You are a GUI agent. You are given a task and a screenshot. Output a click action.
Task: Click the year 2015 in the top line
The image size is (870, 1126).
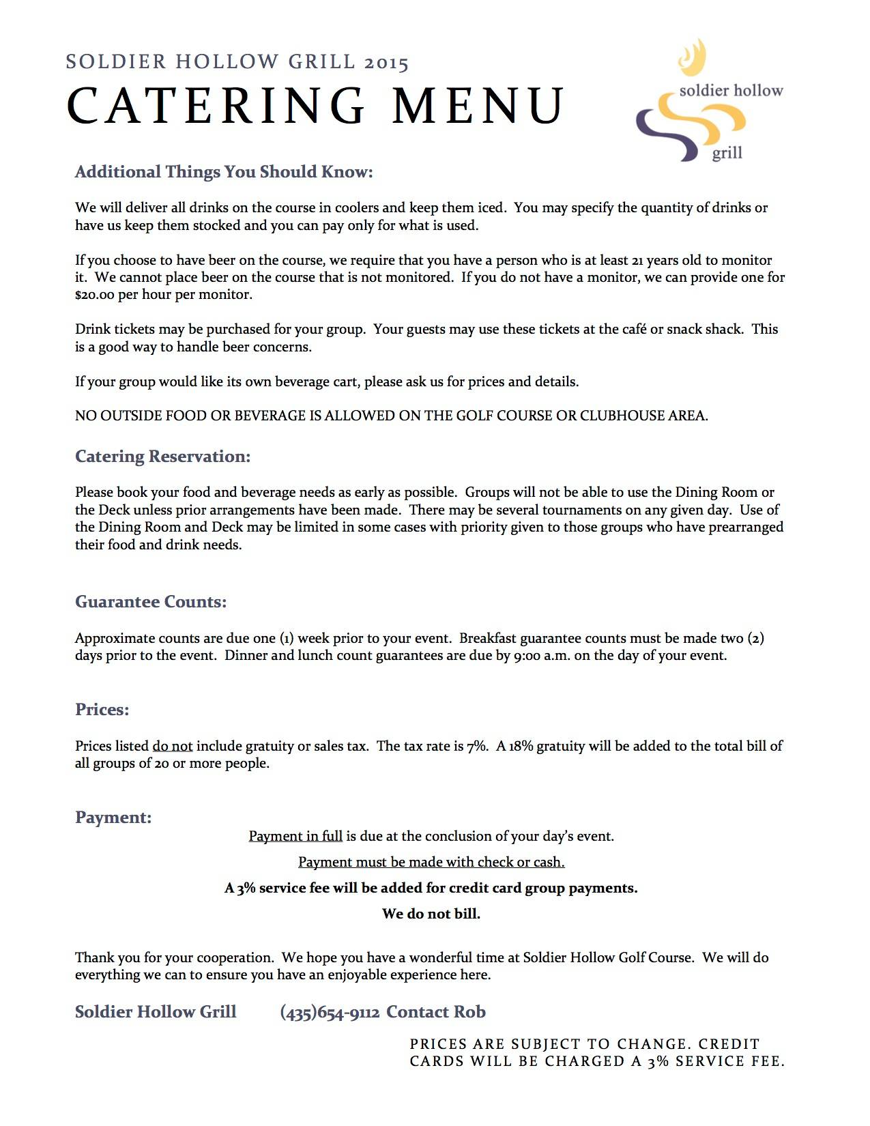point(386,63)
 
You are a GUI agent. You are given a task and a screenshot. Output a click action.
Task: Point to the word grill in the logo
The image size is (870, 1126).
point(727,153)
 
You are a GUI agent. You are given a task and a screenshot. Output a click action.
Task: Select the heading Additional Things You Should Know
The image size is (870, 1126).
point(224,171)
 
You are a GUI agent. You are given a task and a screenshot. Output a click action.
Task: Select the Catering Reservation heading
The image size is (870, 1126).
point(162,456)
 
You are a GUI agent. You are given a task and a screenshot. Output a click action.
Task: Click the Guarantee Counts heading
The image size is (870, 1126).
point(151,601)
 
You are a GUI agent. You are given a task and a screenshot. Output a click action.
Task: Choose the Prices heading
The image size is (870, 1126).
point(102,709)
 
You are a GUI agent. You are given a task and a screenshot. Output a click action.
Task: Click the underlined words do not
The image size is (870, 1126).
point(172,746)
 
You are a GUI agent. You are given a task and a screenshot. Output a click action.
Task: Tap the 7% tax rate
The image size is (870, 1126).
point(478,746)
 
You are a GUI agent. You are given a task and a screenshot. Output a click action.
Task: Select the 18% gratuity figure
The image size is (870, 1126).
point(521,746)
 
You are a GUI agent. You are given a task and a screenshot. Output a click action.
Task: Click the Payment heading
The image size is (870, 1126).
point(113,817)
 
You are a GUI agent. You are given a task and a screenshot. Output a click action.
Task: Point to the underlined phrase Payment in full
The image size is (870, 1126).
point(295,836)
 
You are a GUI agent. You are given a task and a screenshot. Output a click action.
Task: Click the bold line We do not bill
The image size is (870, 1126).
point(431,914)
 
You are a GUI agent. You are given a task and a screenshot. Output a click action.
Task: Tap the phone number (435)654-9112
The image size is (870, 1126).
point(330,1012)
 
